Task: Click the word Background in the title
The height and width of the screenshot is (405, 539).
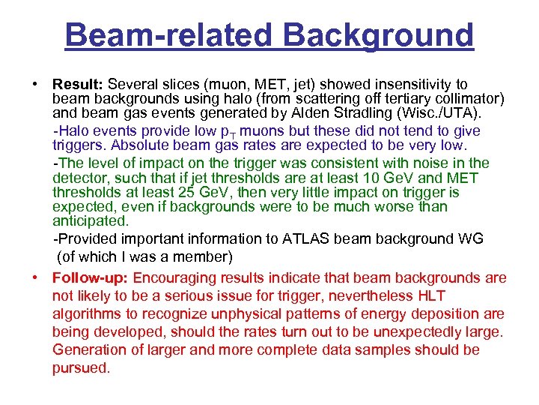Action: (x=384, y=34)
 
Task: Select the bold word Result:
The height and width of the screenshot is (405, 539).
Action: (x=78, y=84)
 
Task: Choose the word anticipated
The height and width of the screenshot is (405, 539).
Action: (x=91, y=221)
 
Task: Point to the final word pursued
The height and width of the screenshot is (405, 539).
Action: (x=81, y=368)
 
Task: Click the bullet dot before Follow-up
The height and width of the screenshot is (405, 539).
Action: (x=35, y=278)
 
